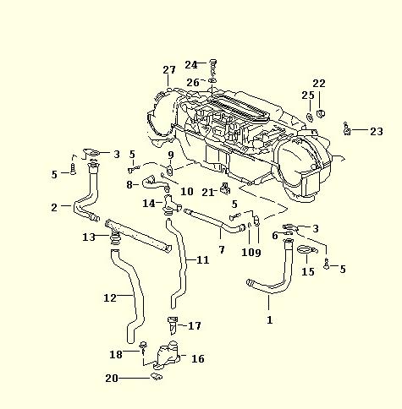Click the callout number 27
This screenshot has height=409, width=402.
(169, 69)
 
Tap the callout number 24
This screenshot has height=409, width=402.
(191, 65)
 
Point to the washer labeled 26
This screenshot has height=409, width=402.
(212, 81)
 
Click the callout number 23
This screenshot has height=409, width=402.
(377, 131)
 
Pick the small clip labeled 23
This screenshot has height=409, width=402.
(347, 129)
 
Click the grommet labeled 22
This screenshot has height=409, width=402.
(321, 113)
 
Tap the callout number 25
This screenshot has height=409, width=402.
(308, 95)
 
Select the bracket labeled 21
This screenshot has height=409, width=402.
(225, 188)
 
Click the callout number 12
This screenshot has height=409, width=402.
(110, 297)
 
